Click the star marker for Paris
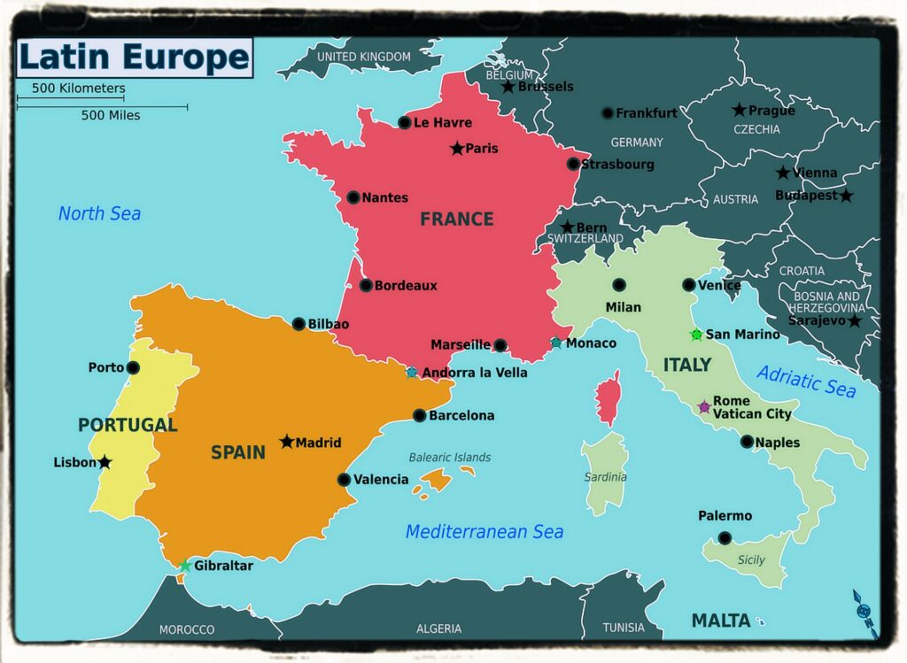tap(457, 149)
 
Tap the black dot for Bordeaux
tap(366, 285)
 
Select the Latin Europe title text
tap(134, 58)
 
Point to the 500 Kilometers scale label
tap(78, 89)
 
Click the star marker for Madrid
tap(287, 442)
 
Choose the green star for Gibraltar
tap(185, 566)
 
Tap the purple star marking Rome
tap(704, 407)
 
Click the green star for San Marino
tap(696, 335)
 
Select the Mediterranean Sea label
tap(484, 532)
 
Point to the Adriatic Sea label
tap(806, 382)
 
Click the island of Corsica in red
tap(608, 398)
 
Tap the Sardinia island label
tap(605, 477)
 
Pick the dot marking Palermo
tap(725, 537)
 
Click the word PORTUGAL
tap(128, 425)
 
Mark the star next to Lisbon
tap(105, 462)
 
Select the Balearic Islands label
tap(449, 458)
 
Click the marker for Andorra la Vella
tap(412, 373)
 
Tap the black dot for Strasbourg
tap(573, 164)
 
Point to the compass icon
tap(865, 611)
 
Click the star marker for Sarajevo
tap(854, 321)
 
